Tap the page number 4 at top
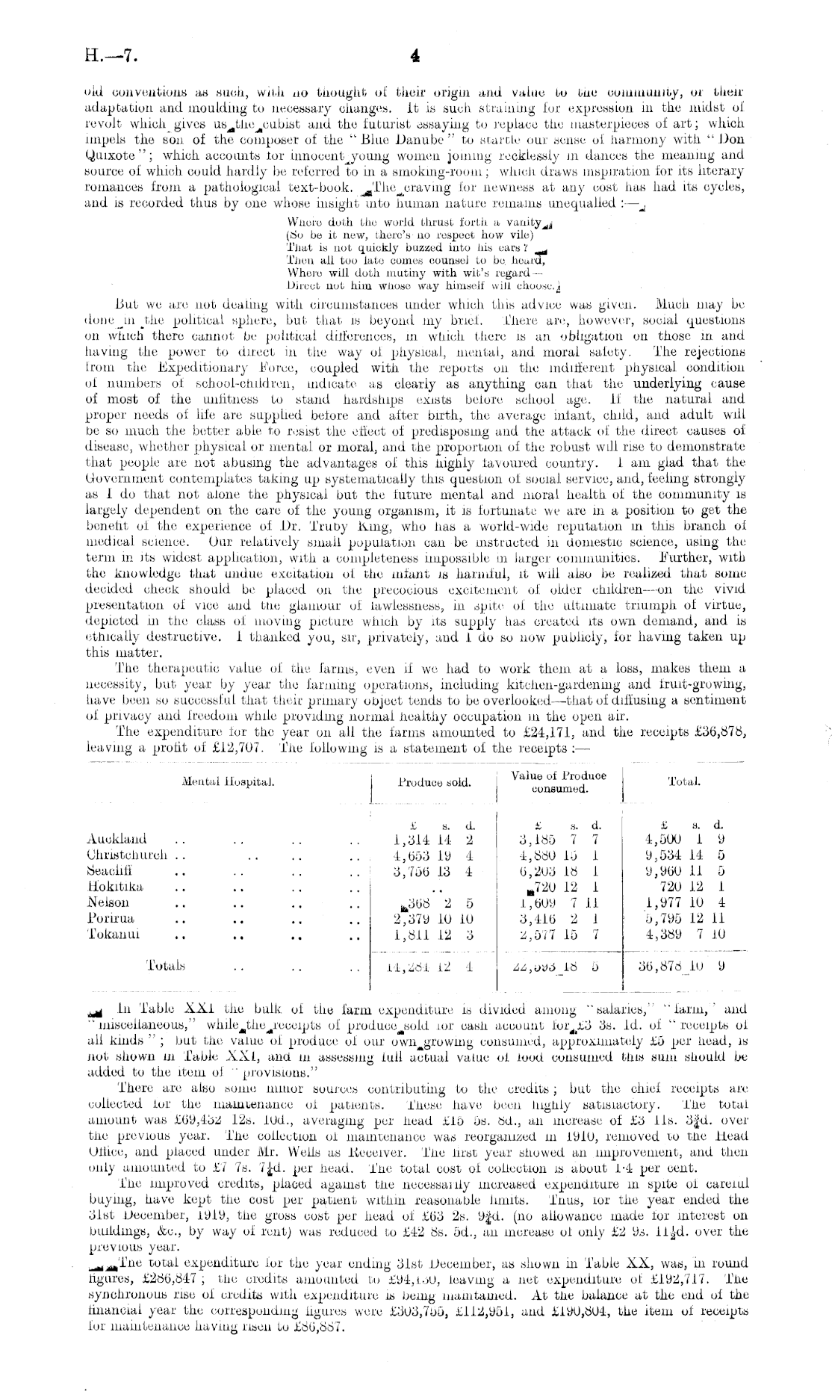point(416,55)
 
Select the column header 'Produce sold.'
point(434,783)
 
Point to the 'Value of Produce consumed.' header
point(559,782)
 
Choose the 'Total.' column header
point(683,782)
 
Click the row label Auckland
point(117,839)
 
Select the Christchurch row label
point(127,855)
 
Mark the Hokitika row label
point(115,887)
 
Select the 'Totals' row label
point(167,965)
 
